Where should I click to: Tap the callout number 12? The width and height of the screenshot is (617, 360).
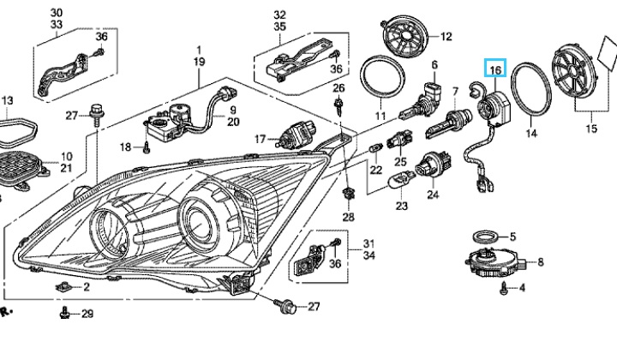[446, 37]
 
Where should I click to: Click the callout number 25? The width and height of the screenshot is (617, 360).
[400, 161]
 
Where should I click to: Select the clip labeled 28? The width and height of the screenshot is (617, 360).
[348, 195]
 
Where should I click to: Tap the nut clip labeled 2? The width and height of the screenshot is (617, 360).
[63, 286]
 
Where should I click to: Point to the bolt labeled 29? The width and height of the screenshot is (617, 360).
[65, 315]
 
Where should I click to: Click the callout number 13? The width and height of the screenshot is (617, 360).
[8, 102]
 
